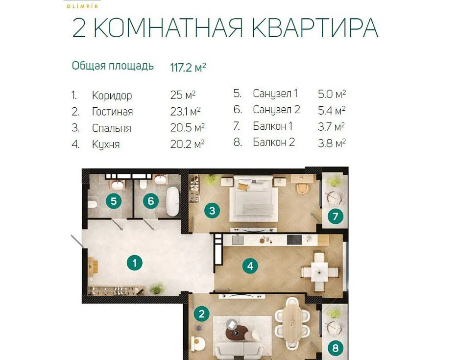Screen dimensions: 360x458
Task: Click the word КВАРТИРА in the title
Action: coord(315,28)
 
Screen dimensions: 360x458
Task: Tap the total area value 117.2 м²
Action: coord(188,67)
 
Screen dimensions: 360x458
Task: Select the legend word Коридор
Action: coord(112,96)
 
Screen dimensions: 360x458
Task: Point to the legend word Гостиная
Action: coord(112,112)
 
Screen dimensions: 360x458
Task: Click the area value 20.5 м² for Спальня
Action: coord(187,128)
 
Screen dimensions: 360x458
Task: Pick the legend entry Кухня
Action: coord(106,144)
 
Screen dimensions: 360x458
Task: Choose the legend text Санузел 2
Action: coord(276,110)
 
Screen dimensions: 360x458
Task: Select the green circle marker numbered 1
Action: coord(134,263)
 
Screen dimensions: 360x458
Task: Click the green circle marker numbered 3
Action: coord(212,211)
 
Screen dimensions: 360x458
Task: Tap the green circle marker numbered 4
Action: coord(250,266)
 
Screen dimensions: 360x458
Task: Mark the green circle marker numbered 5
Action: coord(113,201)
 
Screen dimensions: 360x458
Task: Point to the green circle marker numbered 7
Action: coord(336,216)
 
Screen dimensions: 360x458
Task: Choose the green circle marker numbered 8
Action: coord(336,348)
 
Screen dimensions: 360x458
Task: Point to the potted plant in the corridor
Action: coord(157,288)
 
